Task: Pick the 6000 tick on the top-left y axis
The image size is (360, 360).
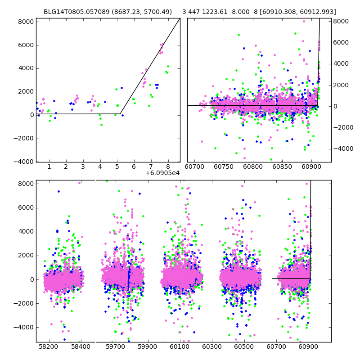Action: [26, 45]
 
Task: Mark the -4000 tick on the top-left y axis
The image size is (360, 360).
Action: [24, 162]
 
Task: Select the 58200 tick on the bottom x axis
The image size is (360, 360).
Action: [48, 347]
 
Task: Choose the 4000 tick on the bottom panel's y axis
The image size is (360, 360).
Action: [26, 231]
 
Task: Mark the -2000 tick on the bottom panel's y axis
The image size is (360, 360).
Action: [24, 303]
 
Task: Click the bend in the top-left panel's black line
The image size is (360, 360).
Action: [120, 114]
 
